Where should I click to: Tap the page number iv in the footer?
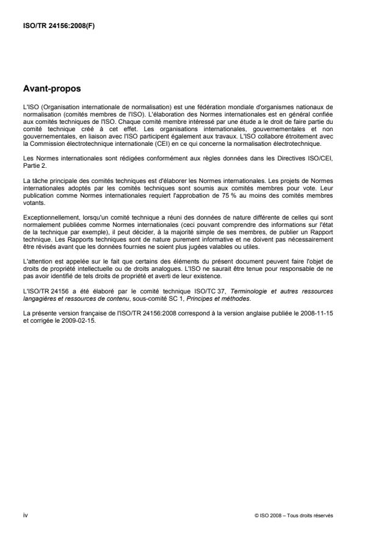(x=25, y=514)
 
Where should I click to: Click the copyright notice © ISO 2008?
(x=269, y=515)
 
